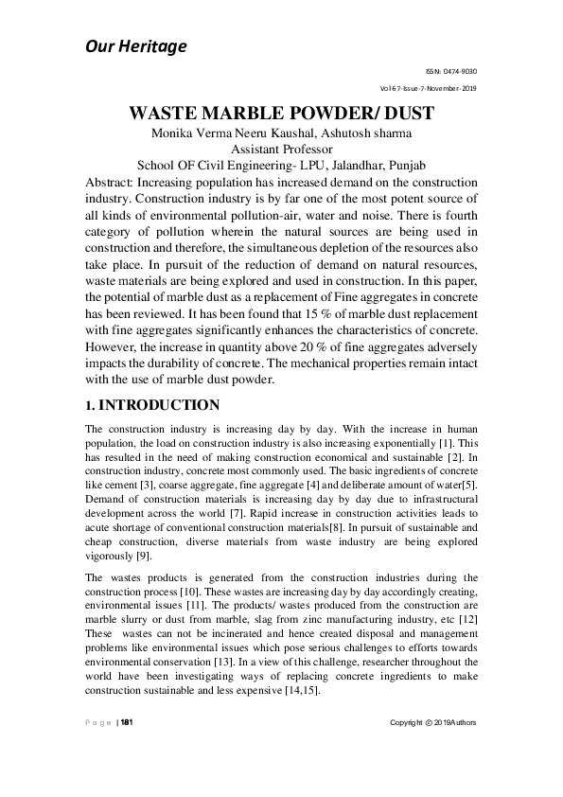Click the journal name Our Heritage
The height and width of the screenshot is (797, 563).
(136, 45)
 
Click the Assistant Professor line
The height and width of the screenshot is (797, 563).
(281, 149)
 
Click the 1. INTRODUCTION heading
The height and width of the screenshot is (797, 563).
(152, 405)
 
